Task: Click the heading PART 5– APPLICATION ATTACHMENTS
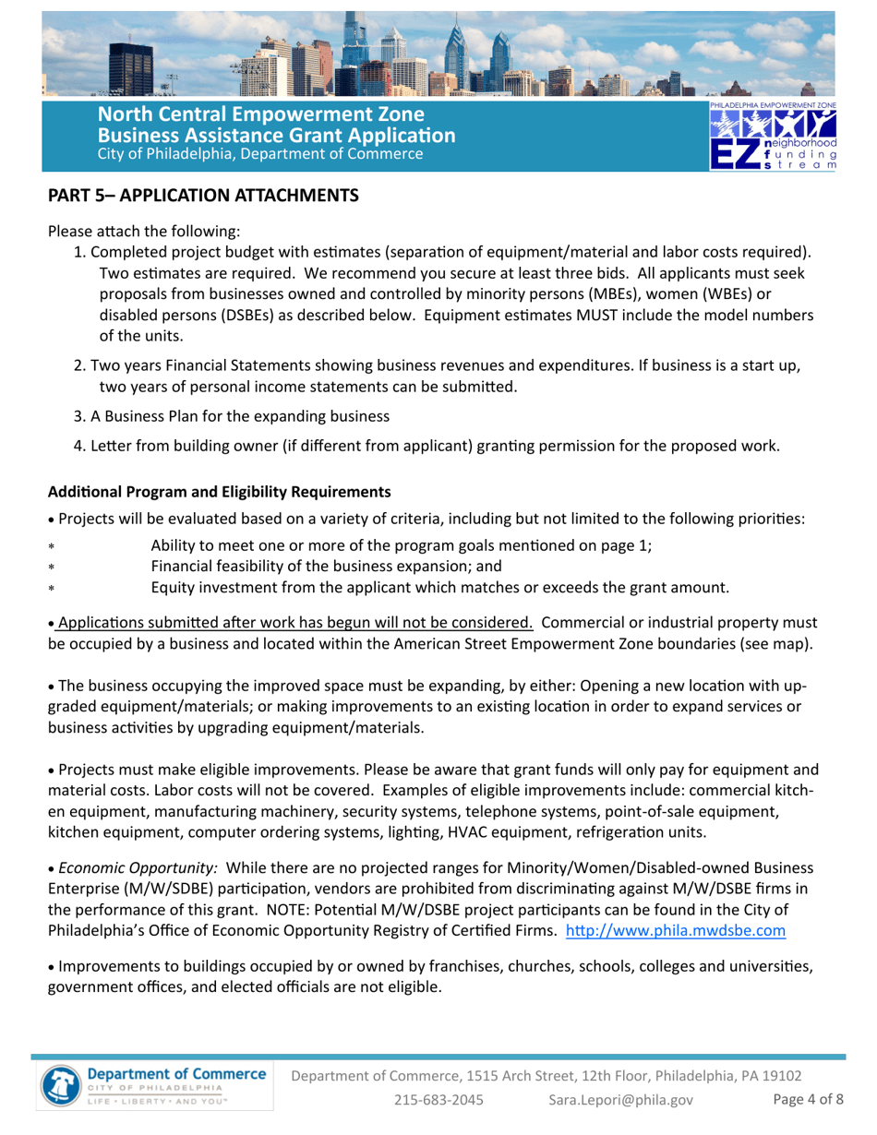point(203,196)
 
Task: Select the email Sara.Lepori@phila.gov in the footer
point(620,1099)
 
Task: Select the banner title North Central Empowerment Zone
point(261,116)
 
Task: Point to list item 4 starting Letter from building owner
point(426,447)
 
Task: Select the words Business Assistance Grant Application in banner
point(277,136)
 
